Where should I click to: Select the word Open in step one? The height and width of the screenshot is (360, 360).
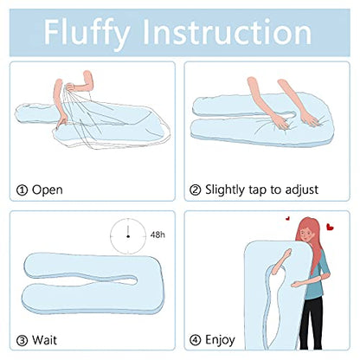48,189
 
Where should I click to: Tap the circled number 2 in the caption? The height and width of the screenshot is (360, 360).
196,189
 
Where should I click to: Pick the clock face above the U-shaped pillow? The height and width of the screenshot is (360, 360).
126,233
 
